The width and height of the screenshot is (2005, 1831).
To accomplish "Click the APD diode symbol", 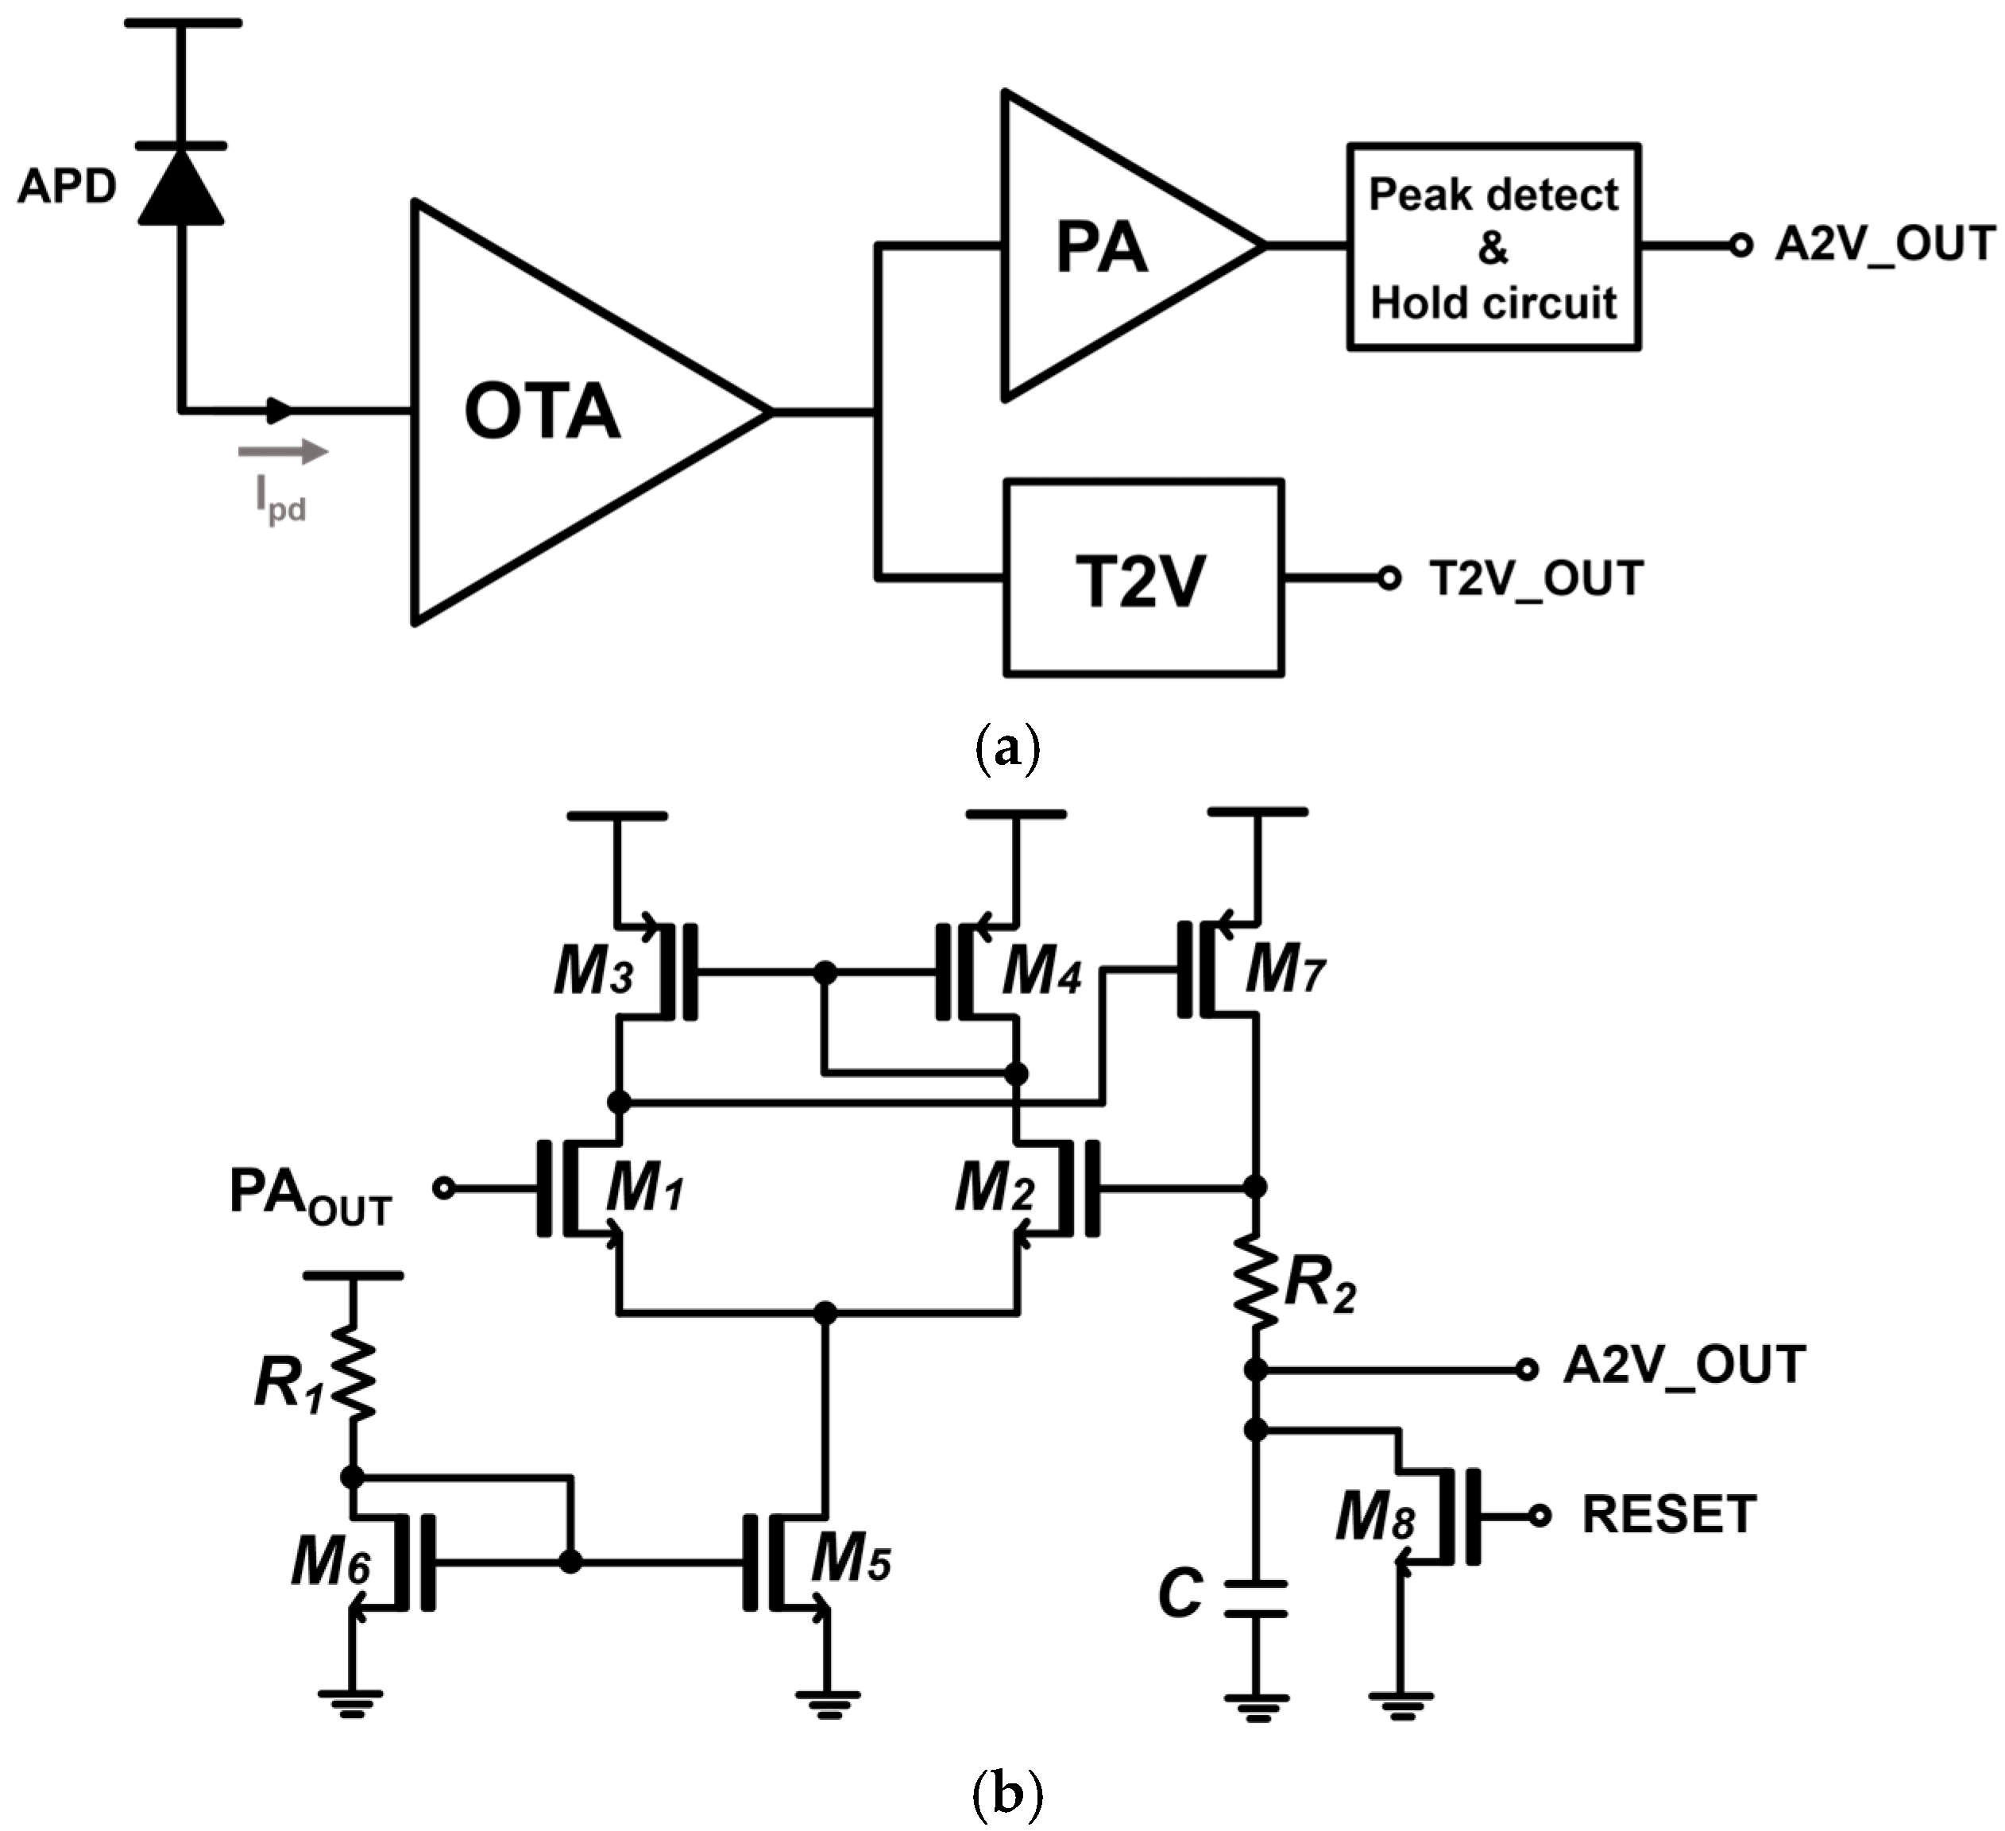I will pos(181,186).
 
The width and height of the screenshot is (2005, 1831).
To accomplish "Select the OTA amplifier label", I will pos(542,411).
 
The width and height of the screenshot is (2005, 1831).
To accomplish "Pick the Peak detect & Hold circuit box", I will pos(1493,248).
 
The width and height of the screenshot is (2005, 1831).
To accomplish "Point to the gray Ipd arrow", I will pos(284,453).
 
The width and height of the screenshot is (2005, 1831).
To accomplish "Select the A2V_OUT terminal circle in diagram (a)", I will pos(1740,245).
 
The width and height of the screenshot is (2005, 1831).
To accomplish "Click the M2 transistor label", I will pos(995,1188).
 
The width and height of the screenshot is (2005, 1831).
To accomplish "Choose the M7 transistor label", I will pos(1285,968).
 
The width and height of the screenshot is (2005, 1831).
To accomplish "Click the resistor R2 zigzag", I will pos(1256,1283).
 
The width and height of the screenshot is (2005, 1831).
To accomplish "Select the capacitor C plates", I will pos(1256,1598).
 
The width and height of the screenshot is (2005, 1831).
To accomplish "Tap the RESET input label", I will pos(1669,1515).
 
